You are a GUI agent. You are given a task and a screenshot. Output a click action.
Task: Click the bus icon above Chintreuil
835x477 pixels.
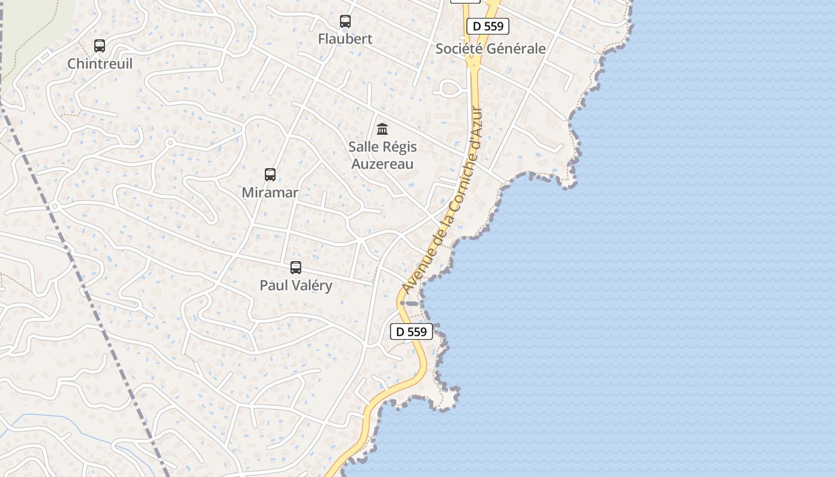pyautogui.click(x=100, y=46)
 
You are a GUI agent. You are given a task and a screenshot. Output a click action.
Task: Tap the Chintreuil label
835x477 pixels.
pyautogui.click(x=100, y=64)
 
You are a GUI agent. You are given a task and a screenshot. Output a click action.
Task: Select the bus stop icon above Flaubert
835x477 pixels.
pyautogui.click(x=345, y=21)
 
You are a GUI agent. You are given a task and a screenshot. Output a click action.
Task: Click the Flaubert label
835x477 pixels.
pyautogui.click(x=345, y=39)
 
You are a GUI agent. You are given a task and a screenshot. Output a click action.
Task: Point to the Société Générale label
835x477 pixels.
pyautogui.click(x=490, y=49)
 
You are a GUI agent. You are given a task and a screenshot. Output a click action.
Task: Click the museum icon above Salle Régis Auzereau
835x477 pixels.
pyautogui.click(x=382, y=129)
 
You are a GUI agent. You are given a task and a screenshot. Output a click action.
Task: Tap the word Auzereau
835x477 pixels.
pyautogui.click(x=382, y=163)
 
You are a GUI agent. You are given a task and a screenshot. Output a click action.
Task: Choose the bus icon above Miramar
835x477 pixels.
pyautogui.click(x=270, y=175)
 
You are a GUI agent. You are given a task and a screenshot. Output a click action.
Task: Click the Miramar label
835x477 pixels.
pyautogui.click(x=270, y=193)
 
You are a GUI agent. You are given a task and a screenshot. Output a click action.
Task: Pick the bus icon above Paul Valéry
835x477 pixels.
pyautogui.click(x=296, y=268)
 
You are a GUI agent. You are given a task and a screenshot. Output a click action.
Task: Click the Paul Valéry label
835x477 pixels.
pyautogui.click(x=296, y=286)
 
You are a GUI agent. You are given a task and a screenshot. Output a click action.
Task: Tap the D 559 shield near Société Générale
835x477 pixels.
pyautogui.click(x=488, y=26)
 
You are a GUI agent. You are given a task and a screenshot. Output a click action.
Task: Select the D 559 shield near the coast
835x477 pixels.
pyautogui.click(x=412, y=332)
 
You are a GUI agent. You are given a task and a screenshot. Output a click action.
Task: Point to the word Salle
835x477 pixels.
pyautogui.click(x=364, y=147)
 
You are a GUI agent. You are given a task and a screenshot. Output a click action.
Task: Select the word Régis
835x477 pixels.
pyautogui.click(x=400, y=147)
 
